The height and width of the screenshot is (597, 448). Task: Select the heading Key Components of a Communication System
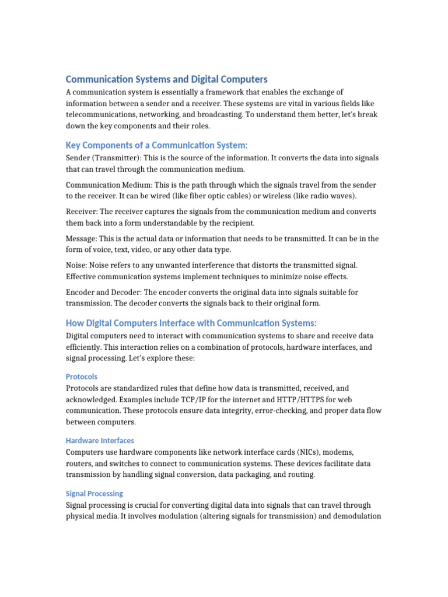(157, 145)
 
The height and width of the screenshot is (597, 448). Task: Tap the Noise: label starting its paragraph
(76, 265)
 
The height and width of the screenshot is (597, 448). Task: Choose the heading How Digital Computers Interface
(191, 324)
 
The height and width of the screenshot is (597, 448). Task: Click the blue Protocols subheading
(82, 377)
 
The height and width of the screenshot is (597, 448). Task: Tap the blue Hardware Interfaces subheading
(100, 441)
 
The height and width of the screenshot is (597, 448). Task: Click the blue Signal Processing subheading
(94, 493)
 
